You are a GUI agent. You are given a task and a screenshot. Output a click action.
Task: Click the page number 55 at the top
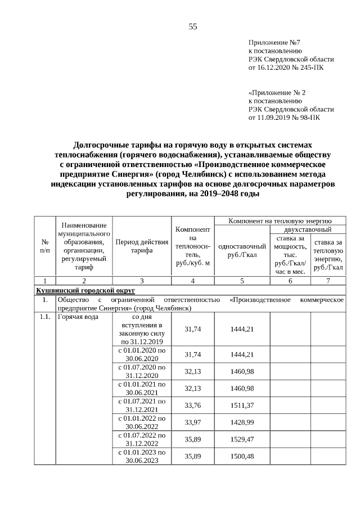pyautogui.click(x=192, y=27)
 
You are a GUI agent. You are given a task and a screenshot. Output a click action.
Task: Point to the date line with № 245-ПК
pyautogui.click(x=286, y=67)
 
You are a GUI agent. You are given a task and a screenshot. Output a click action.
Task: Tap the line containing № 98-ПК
pyautogui.click(x=283, y=118)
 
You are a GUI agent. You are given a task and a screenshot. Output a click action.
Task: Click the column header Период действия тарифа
pyautogui.click(x=142, y=246)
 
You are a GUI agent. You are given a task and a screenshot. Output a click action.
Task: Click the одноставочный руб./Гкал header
pyautogui.click(x=242, y=250)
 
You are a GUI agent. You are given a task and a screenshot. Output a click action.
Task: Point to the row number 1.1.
pyautogui.click(x=44, y=317)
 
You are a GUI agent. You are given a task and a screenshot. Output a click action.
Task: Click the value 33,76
pyautogui.click(x=193, y=405)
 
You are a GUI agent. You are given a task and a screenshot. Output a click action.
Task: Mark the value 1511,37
pyautogui.click(x=242, y=405)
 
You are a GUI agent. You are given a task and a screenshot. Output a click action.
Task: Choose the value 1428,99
pyautogui.click(x=242, y=422)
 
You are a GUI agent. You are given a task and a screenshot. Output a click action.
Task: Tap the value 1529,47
pyautogui.click(x=242, y=439)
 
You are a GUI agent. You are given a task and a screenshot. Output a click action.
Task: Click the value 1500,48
pyautogui.click(x=242, y=456)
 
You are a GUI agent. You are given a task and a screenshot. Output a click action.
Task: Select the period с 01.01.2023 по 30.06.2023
pyautogui.click(x=142, y=456)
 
